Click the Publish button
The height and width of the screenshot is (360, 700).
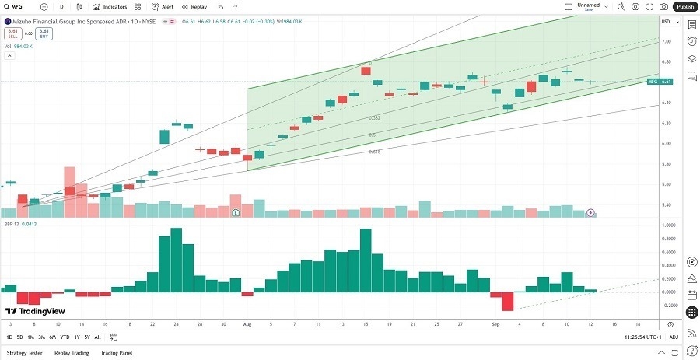click(684, 6)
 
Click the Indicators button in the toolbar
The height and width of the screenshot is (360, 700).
click(110, 6)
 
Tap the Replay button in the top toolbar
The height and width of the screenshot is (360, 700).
click(194, 6)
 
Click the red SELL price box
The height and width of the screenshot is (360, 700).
click(12, 33)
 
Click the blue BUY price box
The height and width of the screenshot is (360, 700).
click(44, 33)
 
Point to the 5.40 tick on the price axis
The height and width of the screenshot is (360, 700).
click(666, 205)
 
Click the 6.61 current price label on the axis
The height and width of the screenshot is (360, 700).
click(666, 81)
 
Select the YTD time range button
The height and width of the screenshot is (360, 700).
click(65, 337)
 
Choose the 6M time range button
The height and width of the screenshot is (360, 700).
click(52, 337)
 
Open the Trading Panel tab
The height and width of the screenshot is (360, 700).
click(117, 353)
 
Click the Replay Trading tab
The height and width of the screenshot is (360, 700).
click(71, 353)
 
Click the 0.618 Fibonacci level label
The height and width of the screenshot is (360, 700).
click(374, 152)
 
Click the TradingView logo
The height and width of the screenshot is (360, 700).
click(35, 310)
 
